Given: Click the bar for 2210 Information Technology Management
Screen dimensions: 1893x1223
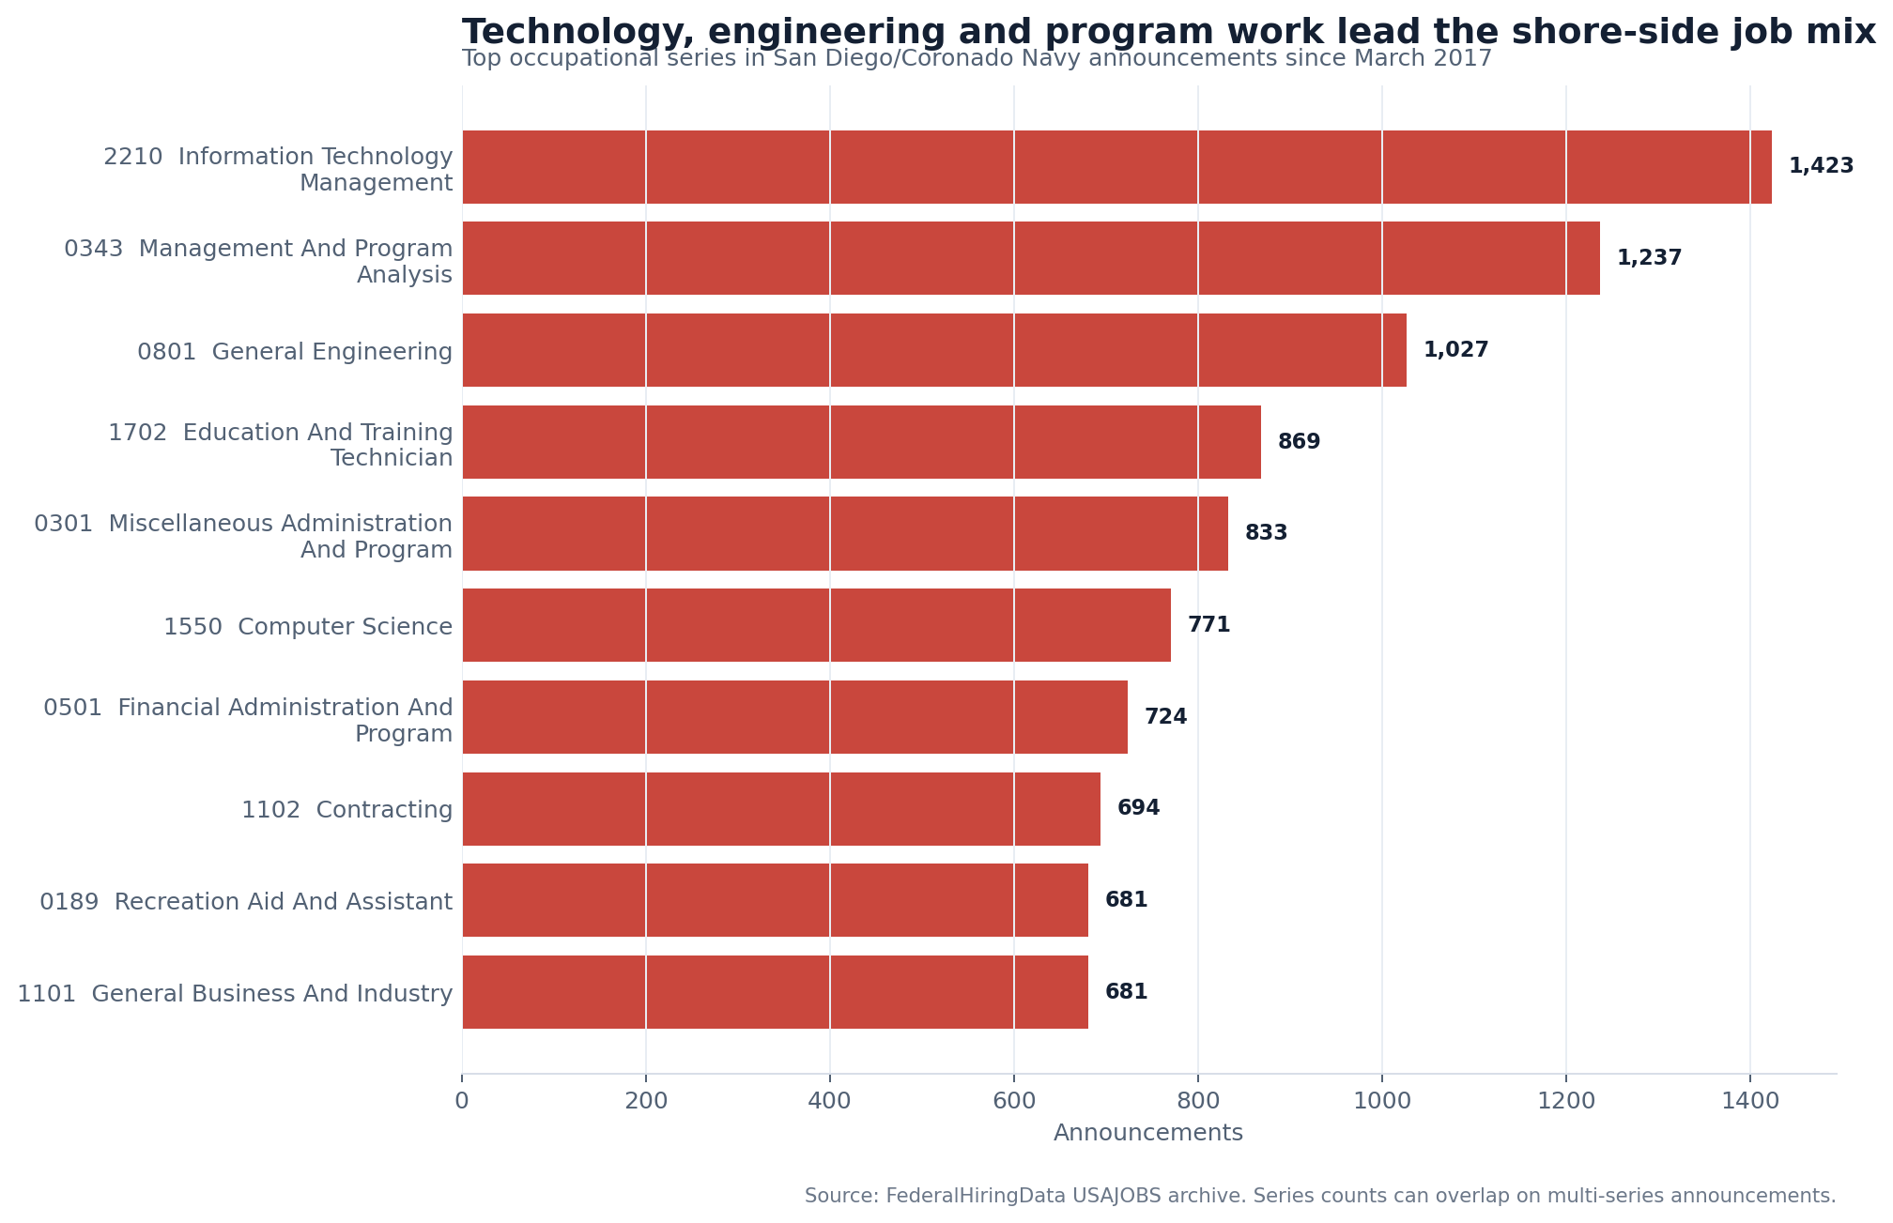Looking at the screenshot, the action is click(x=1116, y=167).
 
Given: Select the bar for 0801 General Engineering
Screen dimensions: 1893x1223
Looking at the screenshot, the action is click(x=934, y=350).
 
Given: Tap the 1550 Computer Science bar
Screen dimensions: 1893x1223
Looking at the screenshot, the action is click(x=816, y=625).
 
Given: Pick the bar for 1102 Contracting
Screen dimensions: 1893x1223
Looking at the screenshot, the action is click(x=781, y=809).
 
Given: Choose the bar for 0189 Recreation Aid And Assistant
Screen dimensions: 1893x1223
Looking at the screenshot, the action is click(x=775, y=900).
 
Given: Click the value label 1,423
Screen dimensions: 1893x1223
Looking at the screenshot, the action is click(x=1821, y=166).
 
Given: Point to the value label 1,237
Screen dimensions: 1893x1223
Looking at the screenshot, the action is click(x=1649, y=258).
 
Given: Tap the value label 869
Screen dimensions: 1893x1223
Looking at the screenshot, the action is click(x=1299, y=442).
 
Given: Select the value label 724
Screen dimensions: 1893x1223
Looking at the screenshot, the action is click(x=1165, y=717).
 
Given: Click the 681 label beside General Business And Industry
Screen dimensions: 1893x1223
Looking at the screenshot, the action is click(x=1126, y=992).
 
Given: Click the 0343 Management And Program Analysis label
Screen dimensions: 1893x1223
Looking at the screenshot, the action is click(x=258, y=262).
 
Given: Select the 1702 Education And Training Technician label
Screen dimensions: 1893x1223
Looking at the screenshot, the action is click(x=281, y=445).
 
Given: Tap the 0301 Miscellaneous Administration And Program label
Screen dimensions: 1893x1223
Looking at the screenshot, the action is click(x=243, y=537).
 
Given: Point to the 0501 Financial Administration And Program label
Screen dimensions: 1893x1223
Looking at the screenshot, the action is click(x=248, y=720).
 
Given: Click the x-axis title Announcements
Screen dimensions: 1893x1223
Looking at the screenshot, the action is click(x=1148, y=1133).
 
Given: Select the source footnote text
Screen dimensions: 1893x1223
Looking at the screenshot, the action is click(x=1320, y=1196).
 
